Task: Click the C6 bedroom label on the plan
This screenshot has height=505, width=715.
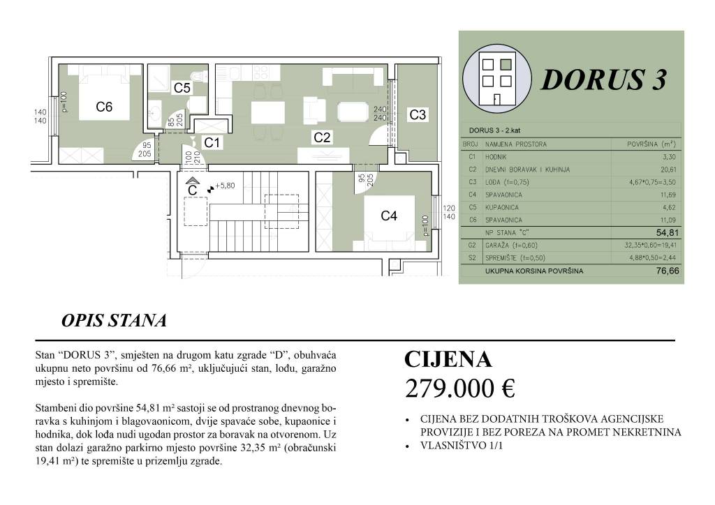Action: (x=104, y=107)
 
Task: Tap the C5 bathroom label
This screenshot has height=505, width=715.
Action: (x=182, y=88)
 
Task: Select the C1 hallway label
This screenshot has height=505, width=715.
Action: (x=212, y=142)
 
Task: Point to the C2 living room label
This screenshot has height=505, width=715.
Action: (x=322, y=137)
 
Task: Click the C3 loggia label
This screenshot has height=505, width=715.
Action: (x=418, y=115)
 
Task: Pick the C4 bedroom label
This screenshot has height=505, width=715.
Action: (x=389, y=216)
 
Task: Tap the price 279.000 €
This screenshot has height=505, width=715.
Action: (x=459, y=389)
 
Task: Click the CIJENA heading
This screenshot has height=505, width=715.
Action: (x=448, y=359)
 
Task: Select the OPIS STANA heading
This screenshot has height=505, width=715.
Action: (x=114, y=321)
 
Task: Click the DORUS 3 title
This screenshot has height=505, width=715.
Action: (x=603, y=80)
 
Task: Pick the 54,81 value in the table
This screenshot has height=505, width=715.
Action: (x=666, y=233)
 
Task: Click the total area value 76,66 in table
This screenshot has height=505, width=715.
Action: (x=666, y=271)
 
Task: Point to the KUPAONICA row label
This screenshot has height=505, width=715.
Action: (x=503, y=207)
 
